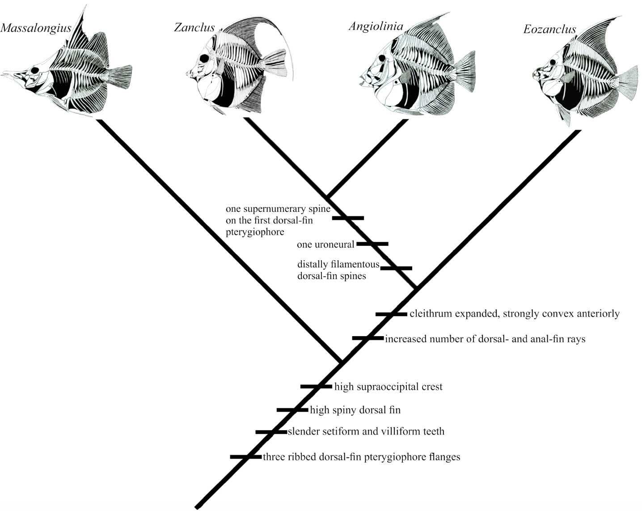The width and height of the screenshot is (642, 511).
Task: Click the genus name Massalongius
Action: pyautogui.click(x=36, y=29)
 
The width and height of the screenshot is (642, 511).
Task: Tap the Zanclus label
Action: pyautogui.click(x=194, y=28)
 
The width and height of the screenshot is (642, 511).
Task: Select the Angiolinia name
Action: pyautogui.click(x=376, y=26)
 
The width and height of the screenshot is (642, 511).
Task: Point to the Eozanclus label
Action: pyautogui.click(x=549, y=30)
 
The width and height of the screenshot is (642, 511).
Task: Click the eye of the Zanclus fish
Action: pyautogui.click(x=204, y=58)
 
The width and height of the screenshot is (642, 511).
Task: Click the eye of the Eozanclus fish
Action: pyautogui.click(x=553, y=62)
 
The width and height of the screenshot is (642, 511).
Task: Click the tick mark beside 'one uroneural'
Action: pyautogui.click(x=372, y=244)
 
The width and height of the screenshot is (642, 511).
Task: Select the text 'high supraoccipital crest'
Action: pyautogui.click(x=388, y=387)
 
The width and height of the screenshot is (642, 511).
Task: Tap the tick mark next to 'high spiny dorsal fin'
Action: pyautogui.click(x=292, y=410)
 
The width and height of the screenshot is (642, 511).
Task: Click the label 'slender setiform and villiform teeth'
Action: pyautogui.click(x=366, y=432)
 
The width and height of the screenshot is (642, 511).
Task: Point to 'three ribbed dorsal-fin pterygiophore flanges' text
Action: pyautogui.click(x=361, y=457)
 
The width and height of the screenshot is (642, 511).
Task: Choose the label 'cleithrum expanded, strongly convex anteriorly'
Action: pyautogui.click(x=514, y=314)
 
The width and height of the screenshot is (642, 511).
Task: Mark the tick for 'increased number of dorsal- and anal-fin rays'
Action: pyautogui.click(x=367, y=338)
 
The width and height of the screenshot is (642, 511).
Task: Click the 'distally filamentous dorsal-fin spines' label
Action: pyautogui.click(x=338, y=270)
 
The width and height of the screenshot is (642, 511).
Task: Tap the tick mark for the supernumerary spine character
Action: pyautogui.click(x=348, y=218)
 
